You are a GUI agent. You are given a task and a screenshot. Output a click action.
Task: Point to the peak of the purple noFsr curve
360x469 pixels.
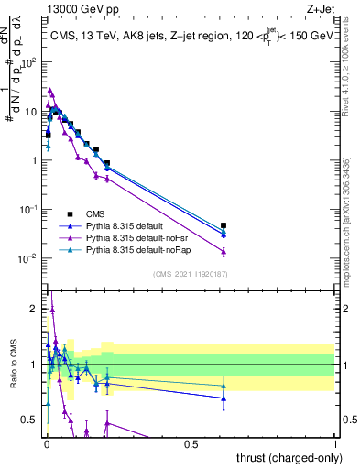click(x=50, y=90)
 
